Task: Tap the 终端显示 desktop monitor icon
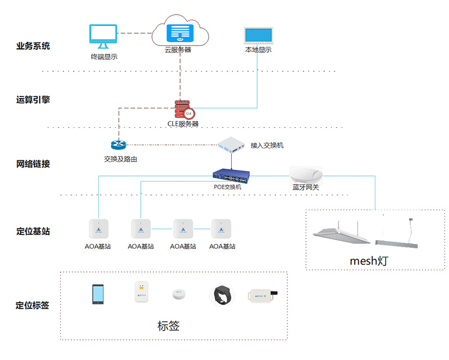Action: tap(103, 37)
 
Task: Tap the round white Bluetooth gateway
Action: tap(305, 172)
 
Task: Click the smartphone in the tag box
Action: tap(98, 294)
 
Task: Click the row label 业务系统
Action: tap(33, 46)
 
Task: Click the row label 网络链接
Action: tap(33, 164)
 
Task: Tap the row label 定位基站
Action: tap(33, 230)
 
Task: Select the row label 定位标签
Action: tap(33, 306)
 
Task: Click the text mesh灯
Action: tap(369, 261)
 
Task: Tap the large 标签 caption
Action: tap(168, 325)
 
